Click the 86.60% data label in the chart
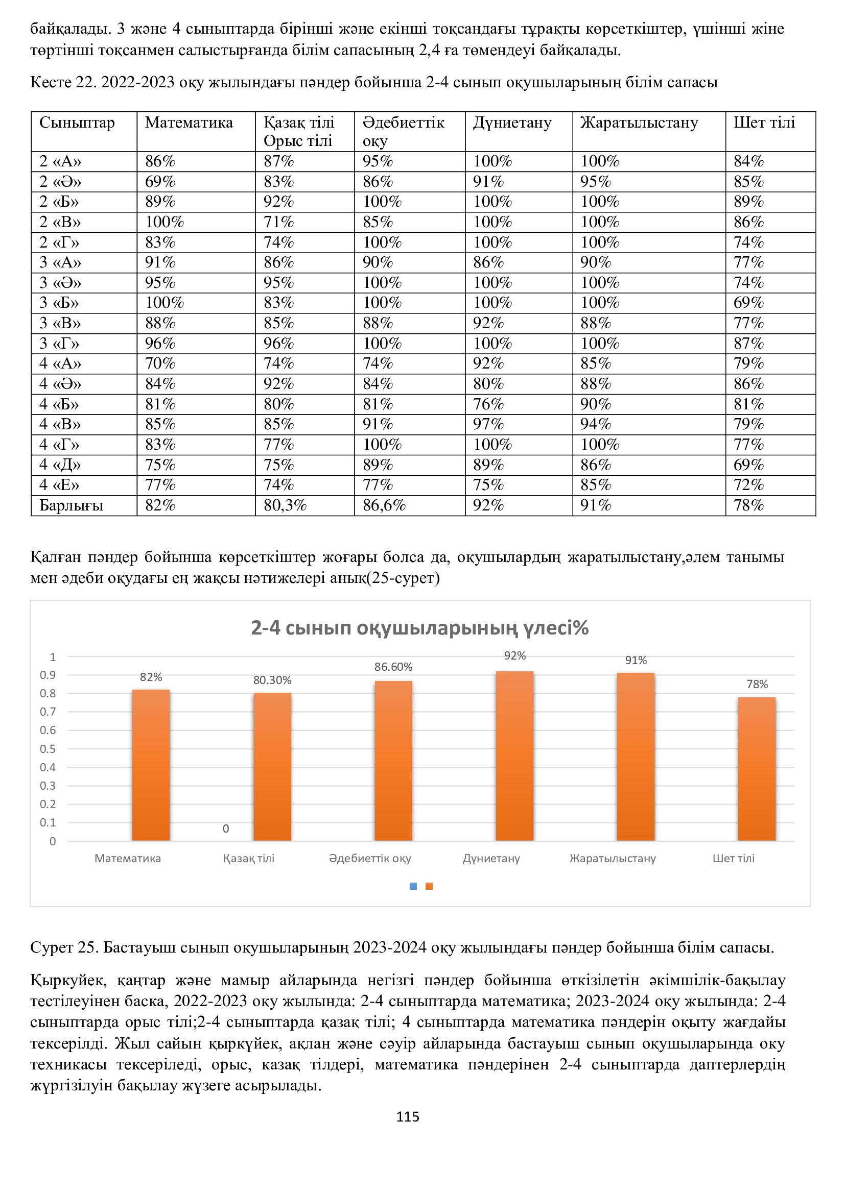(x=393, y=667)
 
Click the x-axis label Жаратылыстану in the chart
(x=613, y=859)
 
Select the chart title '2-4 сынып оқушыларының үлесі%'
(x=419, y=628)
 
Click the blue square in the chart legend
(x=413, y=887)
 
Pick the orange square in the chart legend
(x=429, y=887)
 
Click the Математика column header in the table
(x=189, y=123)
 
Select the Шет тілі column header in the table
(x=764, y=123)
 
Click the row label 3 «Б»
(x=59, y=303)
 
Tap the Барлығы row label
(x=72, y=505)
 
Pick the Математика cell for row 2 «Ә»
(x=160, y=182)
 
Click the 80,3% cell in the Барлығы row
(x=285, y=505)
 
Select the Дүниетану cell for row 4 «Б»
(x=488, y=404)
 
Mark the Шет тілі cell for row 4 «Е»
(x=749, y=485)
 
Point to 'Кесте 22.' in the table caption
(x=63, y=82)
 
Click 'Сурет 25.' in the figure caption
(x=64, y=947)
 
